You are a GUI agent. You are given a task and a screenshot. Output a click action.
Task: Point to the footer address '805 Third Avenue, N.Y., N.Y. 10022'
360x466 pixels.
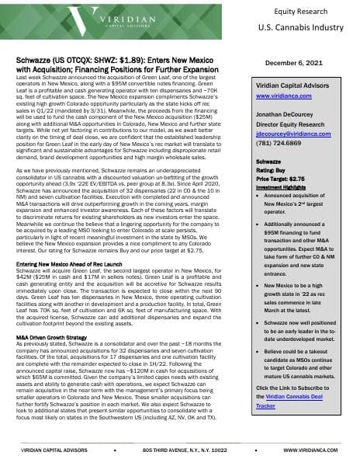pos(182,450)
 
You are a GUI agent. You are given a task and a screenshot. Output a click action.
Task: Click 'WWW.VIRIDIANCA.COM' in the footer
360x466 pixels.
pos(313,450)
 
